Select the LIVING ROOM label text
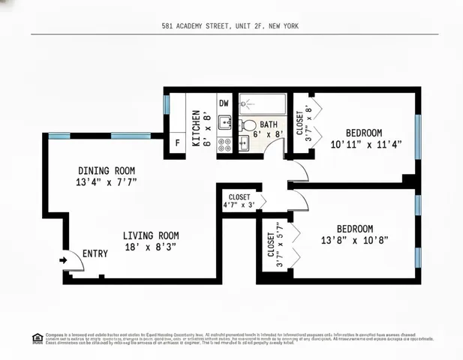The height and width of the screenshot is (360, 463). (x=151, y=235)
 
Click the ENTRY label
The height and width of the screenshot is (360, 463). (x=95, y=253)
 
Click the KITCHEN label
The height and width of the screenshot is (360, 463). (x=196, y=127)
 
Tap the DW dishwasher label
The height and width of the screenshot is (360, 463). (x=224, y=103)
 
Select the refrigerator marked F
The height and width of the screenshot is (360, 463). (x=178, y=142)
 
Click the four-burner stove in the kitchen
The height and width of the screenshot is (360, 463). (x=224, y=144)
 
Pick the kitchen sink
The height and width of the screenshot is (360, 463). (x=224, y=122)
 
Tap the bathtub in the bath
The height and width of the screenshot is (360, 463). (x=262, y=103)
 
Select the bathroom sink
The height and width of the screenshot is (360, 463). (x=243, y=142)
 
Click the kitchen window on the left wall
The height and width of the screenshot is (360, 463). (x=167, y=103)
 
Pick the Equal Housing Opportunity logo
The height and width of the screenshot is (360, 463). (x=38, y=337)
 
